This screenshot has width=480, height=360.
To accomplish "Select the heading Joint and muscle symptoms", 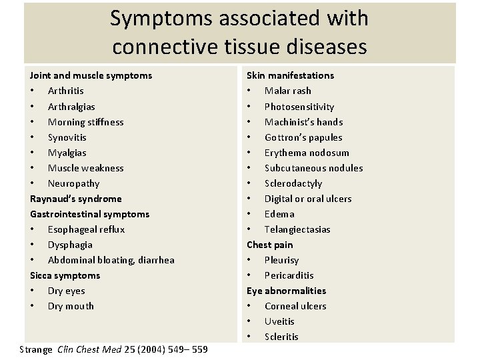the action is pyautogui.click(x=91, y=75).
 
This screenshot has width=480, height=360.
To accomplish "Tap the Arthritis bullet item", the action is pyautogui.click(x=65, y=91).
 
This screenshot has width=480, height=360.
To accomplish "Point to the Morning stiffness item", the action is pyautogui.click(x=85, y=122).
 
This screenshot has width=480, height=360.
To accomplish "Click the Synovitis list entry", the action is pyautogui.click(x=67, y=137).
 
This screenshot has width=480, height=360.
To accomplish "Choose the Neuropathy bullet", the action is pyautogui.click(x=73, y=183).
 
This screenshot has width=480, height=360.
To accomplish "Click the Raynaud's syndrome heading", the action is pyautogui.click(x=75, y=199).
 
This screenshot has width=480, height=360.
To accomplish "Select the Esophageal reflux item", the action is pyautogui.click(x=86, y=229).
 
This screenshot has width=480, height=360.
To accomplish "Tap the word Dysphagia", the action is pyautogui.click(x=70, y=245).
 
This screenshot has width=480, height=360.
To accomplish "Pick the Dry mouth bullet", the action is pyautogui.click(x=71, y=306).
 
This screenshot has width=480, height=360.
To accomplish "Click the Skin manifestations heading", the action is pyautogui.click(x=290, y=75).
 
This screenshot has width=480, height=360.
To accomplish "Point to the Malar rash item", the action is pyautogui.click(x=287, y=91).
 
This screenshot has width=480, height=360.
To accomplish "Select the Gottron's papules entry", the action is pyautogui.click(x=303, y=137).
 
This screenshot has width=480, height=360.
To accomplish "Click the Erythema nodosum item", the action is pyautogui.click(x=307, y=153).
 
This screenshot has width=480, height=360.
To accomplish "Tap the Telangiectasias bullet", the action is pyautogui.click(x=297, y=229).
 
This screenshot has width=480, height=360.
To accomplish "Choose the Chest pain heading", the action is pyautogui.click(x=269, y=245).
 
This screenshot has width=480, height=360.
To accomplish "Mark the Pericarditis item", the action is pyautogui.click(x=289, y=275).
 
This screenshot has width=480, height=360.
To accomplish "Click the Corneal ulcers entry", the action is pyautogui.click(x=295, y=306).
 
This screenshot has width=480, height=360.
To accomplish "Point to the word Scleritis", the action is pyautogui.click(x=281, y=337).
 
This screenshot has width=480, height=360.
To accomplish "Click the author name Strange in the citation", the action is pyautogui.click(x=36, y=349).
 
